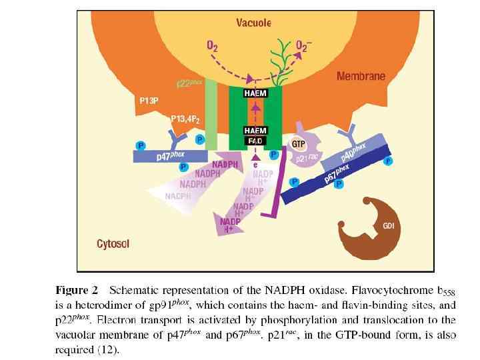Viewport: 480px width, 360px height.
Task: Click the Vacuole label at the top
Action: tap(255, 23)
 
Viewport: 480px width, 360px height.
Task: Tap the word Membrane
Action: tap(361, 76)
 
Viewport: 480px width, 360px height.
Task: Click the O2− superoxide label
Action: tap(306, 47)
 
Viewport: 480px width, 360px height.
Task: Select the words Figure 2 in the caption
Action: tap(77, 290)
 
